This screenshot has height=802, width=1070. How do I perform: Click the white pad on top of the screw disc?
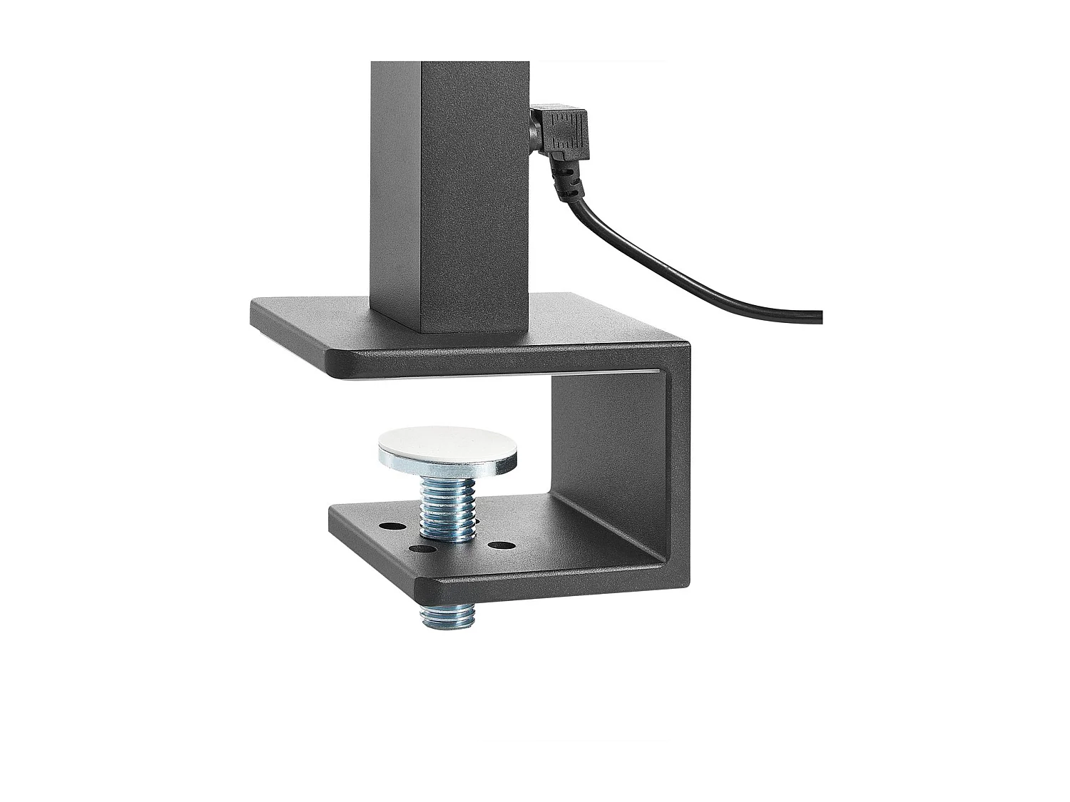447,446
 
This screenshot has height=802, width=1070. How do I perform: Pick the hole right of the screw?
502,546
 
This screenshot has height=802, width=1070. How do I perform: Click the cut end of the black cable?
820,317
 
